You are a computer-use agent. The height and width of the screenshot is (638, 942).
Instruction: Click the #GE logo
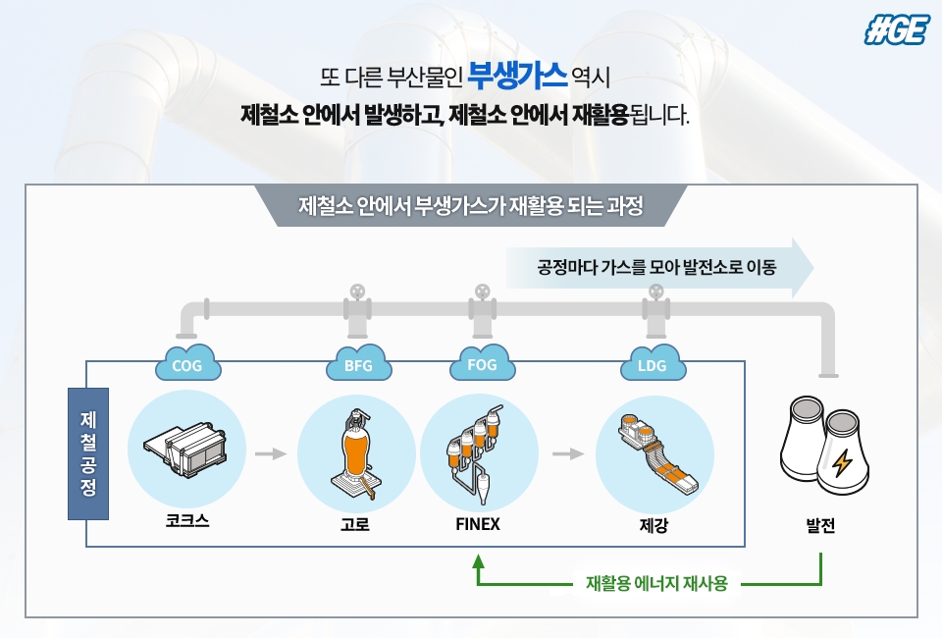point(897,29)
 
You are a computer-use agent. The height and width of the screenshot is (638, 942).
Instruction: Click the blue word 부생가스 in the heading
point(517,76)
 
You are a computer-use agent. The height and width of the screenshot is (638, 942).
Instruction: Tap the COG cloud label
point(187,363)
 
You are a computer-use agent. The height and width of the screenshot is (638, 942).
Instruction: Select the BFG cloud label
point(359,363)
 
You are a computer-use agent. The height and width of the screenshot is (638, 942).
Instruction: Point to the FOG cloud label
point(482,363)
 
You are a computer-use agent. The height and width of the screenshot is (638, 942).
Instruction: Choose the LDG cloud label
point(653,363)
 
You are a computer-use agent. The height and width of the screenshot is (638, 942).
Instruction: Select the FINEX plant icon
point(475,455)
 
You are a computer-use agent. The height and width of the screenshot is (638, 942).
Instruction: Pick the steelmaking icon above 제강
point(657,453)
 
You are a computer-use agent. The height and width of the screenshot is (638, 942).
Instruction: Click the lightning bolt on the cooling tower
point(842,462)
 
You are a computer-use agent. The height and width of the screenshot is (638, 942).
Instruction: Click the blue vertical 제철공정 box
point(88,453)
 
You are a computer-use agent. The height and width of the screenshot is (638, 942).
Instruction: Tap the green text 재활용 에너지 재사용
point(657,583)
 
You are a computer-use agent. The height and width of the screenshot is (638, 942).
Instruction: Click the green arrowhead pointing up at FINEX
point(478,561)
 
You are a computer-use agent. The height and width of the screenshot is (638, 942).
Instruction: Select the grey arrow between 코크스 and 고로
point(271,453)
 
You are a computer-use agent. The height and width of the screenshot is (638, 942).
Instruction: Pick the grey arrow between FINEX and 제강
point(568,453)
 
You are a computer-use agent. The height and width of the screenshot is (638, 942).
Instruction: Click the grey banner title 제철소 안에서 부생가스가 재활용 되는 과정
point(471,206)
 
